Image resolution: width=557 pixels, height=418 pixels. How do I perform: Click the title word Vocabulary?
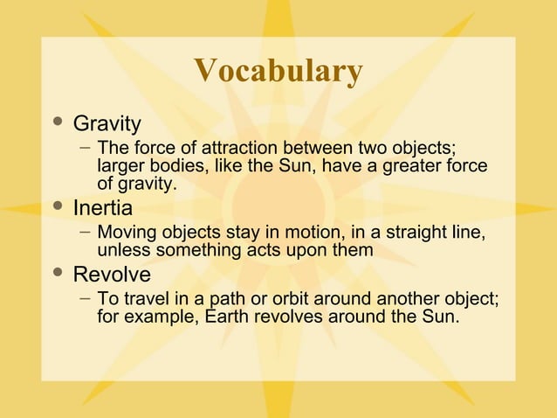[278, 72]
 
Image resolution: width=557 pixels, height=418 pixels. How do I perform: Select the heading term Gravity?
[107, 122]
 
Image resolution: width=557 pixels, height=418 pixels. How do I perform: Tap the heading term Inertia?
[102, 208]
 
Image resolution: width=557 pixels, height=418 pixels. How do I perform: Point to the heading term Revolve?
[112, 275]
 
